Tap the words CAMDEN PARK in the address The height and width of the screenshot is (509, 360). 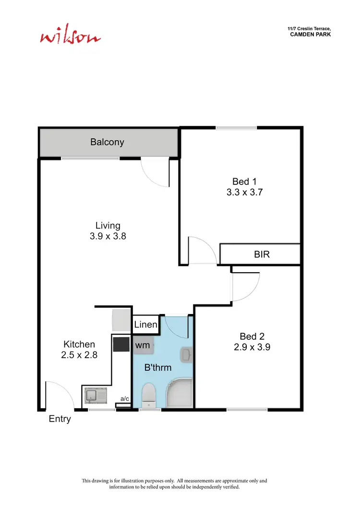click(x=311, y=35)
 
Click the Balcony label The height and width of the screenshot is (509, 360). click(x=108, y=142)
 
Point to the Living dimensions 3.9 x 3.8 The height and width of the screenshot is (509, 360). click(x=108, y=236)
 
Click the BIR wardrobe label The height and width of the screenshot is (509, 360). click(x=262, y=254)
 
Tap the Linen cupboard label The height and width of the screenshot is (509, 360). click(x=145, y=325)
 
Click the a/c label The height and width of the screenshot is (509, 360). click(x=124, y=399)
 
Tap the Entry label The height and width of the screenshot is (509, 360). click(x=60, y=419)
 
